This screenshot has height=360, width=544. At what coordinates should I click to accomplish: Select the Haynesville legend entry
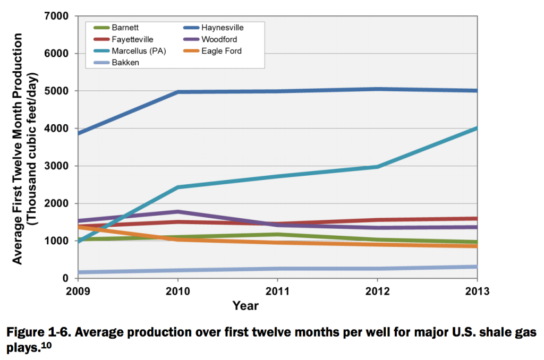223,28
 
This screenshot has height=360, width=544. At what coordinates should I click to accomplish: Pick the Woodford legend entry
219,39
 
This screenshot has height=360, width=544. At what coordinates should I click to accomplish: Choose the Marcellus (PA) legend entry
133,51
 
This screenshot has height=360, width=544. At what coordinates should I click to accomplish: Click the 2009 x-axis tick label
78,291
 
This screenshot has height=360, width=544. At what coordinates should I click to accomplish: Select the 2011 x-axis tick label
277,291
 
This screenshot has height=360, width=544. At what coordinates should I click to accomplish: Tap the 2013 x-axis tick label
477,291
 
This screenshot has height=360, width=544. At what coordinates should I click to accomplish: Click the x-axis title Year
245,306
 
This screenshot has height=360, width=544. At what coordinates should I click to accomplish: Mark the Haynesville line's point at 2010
177,92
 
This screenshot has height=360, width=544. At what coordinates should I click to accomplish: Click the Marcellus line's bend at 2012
377,167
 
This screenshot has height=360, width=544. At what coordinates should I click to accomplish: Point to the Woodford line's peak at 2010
177,211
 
